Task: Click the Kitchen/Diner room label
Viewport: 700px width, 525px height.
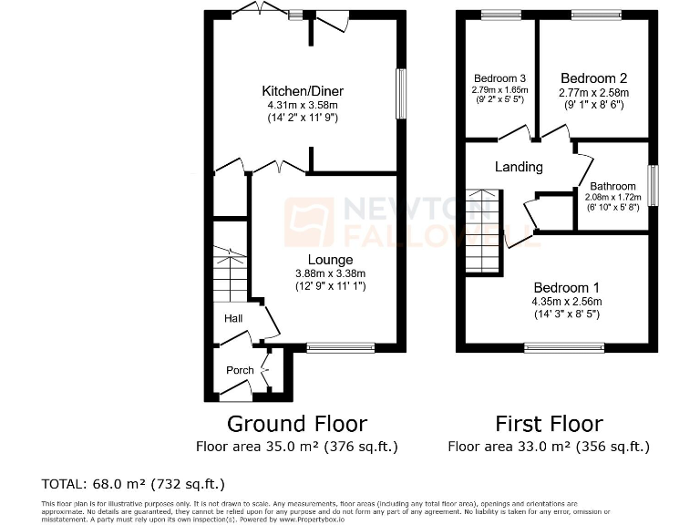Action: (303, 91)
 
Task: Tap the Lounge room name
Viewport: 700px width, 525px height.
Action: (304, 260)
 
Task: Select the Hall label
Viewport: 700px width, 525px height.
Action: (233, 318)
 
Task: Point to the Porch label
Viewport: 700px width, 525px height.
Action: (240, 370)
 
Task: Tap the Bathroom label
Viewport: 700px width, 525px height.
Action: (612, 186)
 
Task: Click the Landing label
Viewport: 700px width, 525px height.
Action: (519, 167)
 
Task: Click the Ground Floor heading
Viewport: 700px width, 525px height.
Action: (296, 424)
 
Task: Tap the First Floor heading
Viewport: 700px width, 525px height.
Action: (549, 424)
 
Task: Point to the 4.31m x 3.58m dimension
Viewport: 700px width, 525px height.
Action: (303, 105)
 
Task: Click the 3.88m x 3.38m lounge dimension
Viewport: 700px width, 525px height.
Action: (304, 273)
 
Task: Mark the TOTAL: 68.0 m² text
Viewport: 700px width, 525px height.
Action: (133, 484)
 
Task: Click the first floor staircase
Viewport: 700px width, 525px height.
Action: (484, 232)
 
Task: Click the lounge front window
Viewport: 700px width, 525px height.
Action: (340, 347)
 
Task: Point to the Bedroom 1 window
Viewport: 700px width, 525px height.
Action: (563, 346)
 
